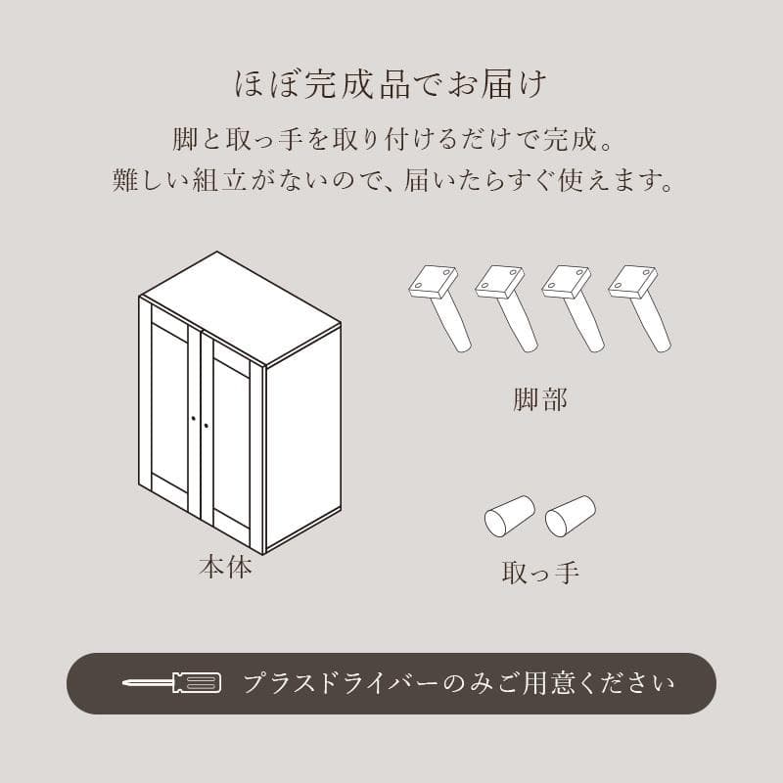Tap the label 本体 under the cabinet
(x=225, y=567)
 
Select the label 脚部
(x=539, y=399)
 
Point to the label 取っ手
(x=539, y=572)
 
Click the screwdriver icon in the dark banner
(x=172, y=682)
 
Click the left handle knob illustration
(x=509, y=516)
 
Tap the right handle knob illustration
(x=570, y=516)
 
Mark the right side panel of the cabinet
(x=302, y=436)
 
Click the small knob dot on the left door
(x=194, y=420)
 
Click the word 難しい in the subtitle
(x=145, y=181)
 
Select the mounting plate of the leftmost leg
(x=433, y=282)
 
